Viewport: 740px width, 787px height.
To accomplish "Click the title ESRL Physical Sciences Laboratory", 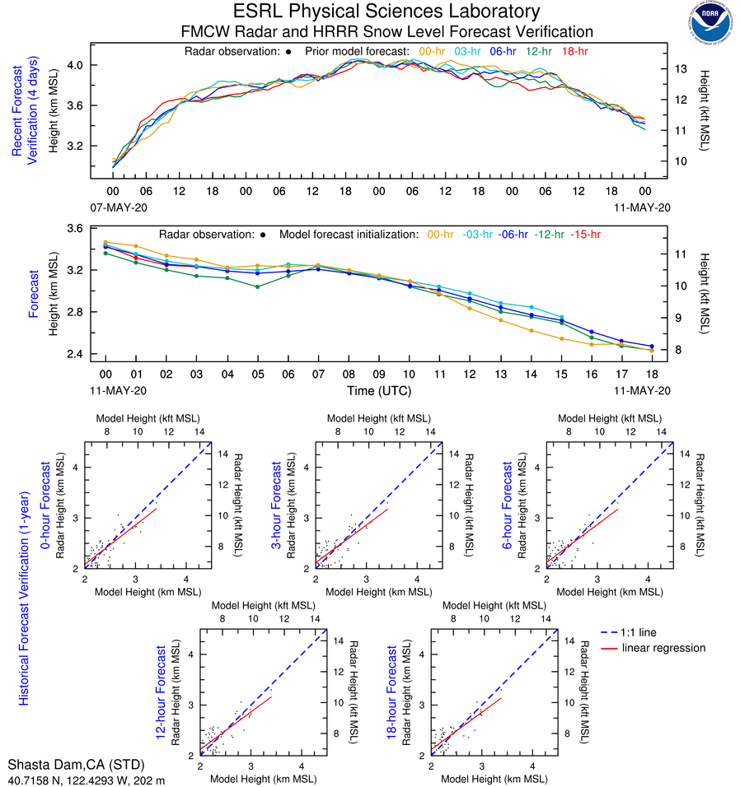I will [386, 12].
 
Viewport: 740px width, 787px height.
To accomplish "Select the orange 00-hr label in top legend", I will [433, 51].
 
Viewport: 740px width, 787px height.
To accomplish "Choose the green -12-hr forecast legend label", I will [548, 234].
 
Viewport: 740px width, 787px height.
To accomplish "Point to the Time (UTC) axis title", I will [386, 390].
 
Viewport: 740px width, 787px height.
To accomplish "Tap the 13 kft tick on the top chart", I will [681, 68].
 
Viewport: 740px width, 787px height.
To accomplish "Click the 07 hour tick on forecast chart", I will [318, 372].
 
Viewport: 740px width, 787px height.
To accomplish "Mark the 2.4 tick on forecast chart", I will [74, 354].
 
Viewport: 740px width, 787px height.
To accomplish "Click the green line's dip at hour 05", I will [258, 286].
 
